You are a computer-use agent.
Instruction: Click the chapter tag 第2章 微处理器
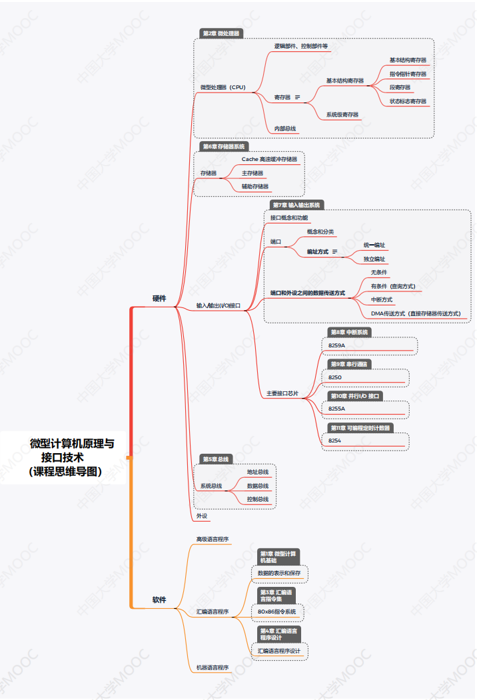click(x=221, y=33)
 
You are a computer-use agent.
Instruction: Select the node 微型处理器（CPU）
click(x=223, y=87)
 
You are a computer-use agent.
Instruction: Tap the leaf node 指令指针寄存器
click(x=408, y=74)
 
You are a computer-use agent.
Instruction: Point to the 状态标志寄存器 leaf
click(x=408, y=101)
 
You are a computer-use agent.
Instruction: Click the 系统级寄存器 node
click(x=342, y=115)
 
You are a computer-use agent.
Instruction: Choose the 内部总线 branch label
click(x=285, y=128)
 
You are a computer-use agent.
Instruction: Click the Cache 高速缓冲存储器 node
click(x=269, y=159)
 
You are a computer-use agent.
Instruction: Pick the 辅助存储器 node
click(x=255, y=186)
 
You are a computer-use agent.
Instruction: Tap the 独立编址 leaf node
click(x=374, y=259)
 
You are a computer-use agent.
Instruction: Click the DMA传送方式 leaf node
click(x=416, y=313)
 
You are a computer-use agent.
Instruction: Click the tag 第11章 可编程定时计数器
click(x=360, y=428)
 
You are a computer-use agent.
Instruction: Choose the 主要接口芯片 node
click(x=282, y=394)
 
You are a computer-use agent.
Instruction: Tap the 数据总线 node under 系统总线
click(x=258, y=486)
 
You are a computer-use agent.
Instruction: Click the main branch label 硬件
click(x=159, y=299)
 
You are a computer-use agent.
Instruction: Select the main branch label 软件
click(x=159, y=600)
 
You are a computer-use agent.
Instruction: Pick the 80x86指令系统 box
click(x=277, y=611)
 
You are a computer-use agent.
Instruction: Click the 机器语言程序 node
click(x=213, y=667)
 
